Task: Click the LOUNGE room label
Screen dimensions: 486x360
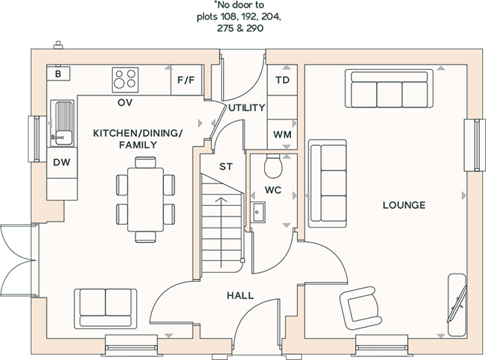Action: click(x=404, y=205)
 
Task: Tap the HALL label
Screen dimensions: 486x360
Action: click(x=240, y=295)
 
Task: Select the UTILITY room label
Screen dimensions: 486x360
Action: click(x=247, y=107)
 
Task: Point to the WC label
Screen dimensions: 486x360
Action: click(x=273, y=190)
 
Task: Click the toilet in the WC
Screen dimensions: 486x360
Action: click(x=273, y=166)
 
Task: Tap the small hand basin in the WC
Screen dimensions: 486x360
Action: click(x=257, y=212)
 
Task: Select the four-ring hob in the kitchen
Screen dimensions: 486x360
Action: click(x=125, y=80)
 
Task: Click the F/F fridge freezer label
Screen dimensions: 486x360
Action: click(x=186, y=80)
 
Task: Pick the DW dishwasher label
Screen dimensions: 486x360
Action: click(x=62, y=162)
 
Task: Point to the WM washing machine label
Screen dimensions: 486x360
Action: click(x=282, y=135)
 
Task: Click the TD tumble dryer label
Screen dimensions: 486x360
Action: click(x=282, y=80)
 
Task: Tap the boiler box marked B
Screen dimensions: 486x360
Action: click(x=58, y=74)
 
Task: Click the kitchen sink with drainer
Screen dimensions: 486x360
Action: click(x=62, y=123)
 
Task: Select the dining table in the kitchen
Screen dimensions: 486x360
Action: click(x=145, y=199)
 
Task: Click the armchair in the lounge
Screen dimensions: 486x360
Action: click(x=361, y=307)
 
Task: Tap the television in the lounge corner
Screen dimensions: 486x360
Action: click(x=457, y=304)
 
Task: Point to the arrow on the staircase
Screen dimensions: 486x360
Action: click(x=221, y=232)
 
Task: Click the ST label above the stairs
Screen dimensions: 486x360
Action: click(x=226, y=167)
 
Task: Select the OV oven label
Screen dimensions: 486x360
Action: click(x=125, y=102)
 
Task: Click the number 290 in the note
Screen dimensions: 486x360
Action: click(x=255, y=28)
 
